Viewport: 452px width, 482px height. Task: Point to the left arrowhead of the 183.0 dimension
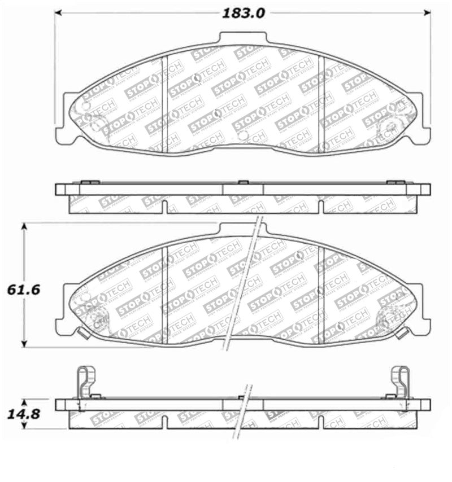[58, 12]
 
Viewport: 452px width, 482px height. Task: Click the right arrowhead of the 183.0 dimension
[427, 12]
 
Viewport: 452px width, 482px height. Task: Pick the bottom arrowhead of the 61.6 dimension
[24, 344]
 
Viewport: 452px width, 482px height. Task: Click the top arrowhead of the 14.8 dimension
[24, 402]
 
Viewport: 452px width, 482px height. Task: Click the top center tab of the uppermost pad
[242, 38]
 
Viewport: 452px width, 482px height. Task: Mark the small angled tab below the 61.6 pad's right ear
[402, 333]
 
